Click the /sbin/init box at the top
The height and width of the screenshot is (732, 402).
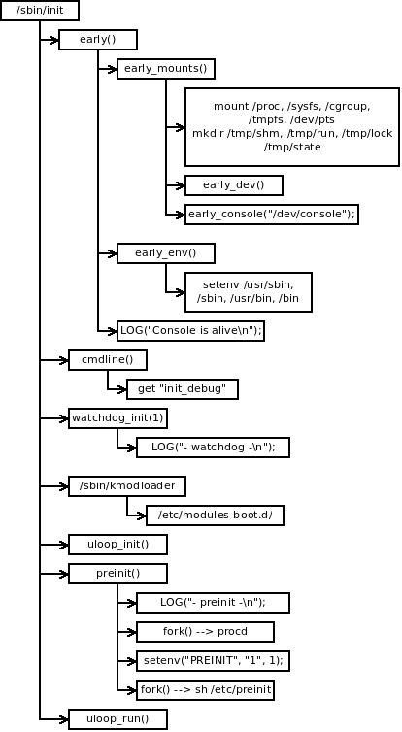click(x=40, y=11)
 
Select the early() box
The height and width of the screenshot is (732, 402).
click(x=97, y=40)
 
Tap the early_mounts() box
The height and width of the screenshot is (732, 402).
click(x=165, y=69)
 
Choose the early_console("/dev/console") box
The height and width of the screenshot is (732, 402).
click(x=272, y=214)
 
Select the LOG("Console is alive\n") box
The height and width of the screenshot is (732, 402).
click(x=190, y=330)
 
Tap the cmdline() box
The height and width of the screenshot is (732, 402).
click(x=107, y=359)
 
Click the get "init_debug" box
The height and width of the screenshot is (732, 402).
click(x=183, y=389)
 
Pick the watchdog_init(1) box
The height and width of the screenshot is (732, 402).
click(x=117, y=417)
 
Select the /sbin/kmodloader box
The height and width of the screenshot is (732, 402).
click(x=126, y=485)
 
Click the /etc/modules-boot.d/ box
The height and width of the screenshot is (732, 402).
click(x=215, y=515)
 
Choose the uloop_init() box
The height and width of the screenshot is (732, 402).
click(x=117, y=544)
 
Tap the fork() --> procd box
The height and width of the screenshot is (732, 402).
click(x=205, y=632)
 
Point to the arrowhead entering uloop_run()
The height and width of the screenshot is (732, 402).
click(x=62, y=719)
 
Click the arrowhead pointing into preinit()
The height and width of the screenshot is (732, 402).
click(x=62, y=574)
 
